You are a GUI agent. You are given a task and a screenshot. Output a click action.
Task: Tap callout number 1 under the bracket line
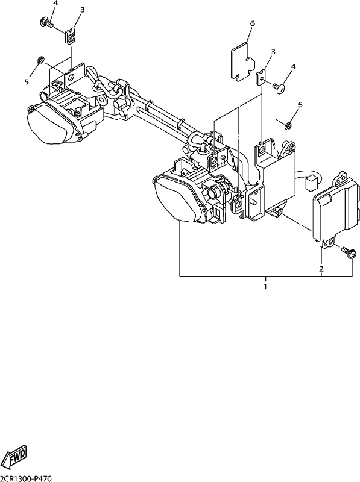[265, 287]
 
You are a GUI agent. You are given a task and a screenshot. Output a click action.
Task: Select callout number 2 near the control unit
[321, 269]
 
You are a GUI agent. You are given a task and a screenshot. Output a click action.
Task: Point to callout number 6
[253, 23]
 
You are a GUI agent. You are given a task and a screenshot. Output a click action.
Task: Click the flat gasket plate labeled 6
[243, 63]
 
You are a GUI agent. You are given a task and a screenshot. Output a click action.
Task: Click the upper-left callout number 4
[55, 4]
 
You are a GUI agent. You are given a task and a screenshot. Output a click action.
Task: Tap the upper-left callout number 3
[82, 10]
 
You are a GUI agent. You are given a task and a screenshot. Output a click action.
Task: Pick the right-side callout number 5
[300, 105]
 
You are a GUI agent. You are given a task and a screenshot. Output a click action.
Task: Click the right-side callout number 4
[293, 67]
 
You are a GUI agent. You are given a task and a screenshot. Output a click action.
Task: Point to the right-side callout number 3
[273, 52]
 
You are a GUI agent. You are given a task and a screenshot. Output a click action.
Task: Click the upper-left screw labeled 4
[47, 23]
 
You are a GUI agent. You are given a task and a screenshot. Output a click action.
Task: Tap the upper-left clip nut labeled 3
[71, 37]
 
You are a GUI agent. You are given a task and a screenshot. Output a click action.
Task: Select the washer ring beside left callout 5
[40, 61]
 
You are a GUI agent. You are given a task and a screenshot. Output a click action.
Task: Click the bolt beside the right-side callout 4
[279, 89]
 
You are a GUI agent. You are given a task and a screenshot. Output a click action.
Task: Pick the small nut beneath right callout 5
[288, 125]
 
